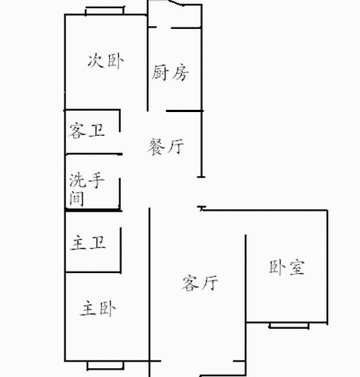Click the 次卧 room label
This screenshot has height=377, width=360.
tap(106, 61)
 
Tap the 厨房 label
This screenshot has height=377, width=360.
tap(170, 73)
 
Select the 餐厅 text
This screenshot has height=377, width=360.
tap(166, 147)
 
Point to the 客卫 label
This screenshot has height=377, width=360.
tap(87, 131)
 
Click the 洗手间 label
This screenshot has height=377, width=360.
tap(87, 190)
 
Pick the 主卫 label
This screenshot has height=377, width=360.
tap(88, 243)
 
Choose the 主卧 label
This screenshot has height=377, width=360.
tap(98, 309)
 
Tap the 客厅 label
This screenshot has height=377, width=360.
tap(200, 282)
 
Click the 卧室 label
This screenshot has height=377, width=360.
tap(287, 267)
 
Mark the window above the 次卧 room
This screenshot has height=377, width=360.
tap(105, 11)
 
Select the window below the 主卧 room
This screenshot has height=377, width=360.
tap(105, 366)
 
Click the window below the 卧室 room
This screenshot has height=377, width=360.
tap(289, 326)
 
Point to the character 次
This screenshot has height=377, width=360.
tap(95, 61)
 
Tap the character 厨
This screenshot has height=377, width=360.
tap(160, 73)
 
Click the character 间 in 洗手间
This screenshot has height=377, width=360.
tap(76, 199)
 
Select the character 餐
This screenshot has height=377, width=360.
tap(157, 147)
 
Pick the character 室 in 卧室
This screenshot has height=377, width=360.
tap(297, 268)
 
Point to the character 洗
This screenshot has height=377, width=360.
tap(77, 180)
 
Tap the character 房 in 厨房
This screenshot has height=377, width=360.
tap(181, 73)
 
